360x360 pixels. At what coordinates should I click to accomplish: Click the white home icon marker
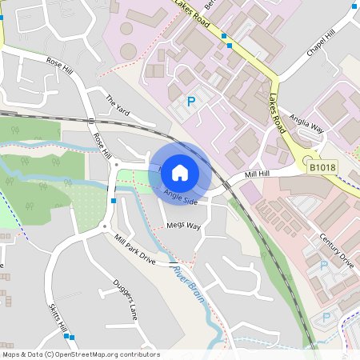(x=180, y=171)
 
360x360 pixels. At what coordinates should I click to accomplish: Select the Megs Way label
(x=184, y=226)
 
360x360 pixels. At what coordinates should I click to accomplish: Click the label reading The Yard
(x=118, y=104)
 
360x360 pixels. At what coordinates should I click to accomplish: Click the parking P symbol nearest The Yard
(x=190, y=102)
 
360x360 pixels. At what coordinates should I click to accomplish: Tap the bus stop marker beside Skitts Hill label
(x=72, y=337)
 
